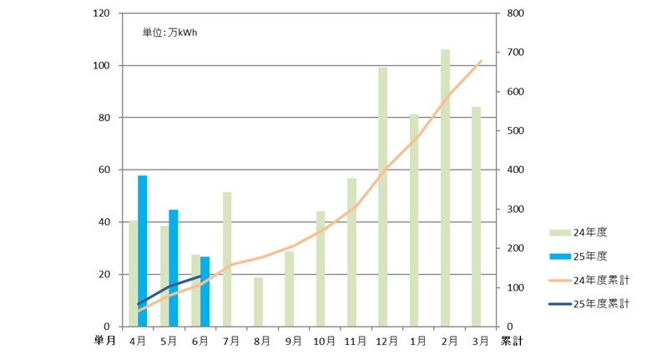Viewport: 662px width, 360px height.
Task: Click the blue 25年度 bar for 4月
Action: pyautogui.click(x=143, y=251)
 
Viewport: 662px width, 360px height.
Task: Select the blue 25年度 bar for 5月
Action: pyautogui.click(x=174, y=267)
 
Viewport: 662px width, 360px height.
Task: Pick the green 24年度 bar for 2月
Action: pyautogui.click(x=445, y=188)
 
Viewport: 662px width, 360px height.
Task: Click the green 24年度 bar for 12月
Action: pyautogui.click(x=383, y=196)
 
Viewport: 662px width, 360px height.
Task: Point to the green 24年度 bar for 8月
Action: pyautogui.click(x=258, y=302)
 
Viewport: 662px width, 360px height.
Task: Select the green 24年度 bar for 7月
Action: pyautogui.click(x=227, y=259)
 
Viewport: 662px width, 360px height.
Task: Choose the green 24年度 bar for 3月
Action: pyautogui.click(x=476, y=216)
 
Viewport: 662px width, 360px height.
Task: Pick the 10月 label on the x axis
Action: pyautogui.click(x=324, y=341)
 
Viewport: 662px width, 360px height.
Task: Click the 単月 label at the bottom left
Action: pyautogui.click(x=105, y=341)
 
